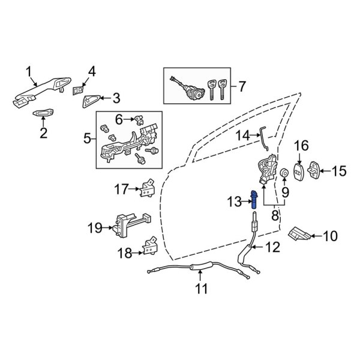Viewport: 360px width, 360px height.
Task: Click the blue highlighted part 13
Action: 254,200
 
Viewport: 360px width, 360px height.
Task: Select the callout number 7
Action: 241,86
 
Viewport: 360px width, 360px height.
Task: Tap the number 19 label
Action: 95,228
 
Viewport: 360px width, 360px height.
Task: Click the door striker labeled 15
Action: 314,170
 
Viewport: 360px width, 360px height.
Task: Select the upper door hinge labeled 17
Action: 148,189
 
